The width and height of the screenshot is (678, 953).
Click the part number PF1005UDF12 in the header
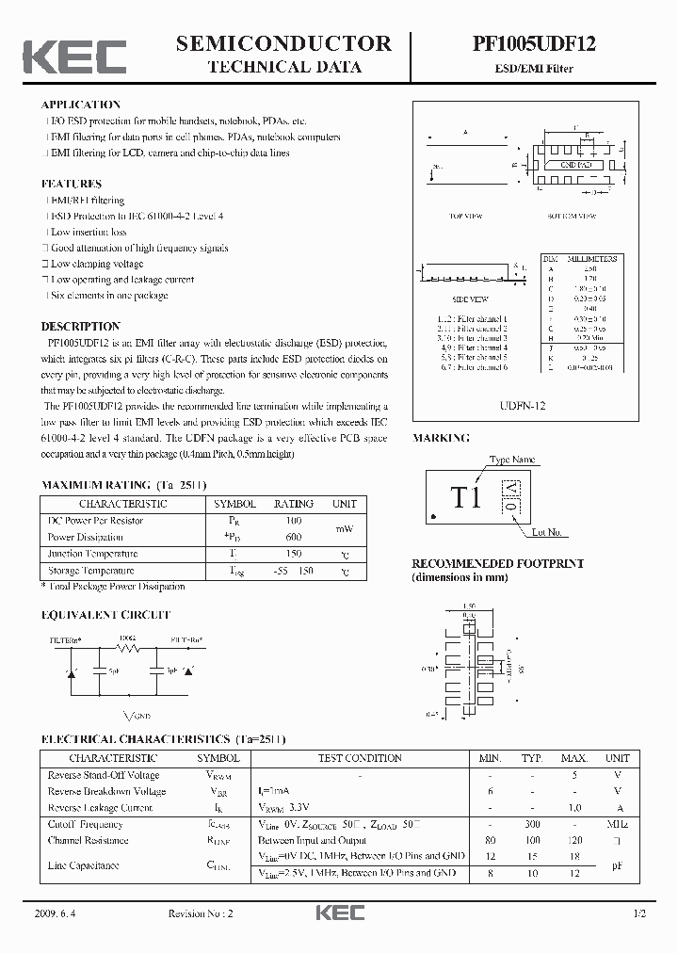534,43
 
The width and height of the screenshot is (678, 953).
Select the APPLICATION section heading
81,105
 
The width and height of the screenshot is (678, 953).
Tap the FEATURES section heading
72,184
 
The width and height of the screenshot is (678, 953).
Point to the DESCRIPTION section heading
80,327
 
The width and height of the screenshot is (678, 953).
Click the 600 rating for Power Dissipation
293,537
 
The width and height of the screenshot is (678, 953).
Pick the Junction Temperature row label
92,554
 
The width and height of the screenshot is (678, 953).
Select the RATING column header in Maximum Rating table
293,504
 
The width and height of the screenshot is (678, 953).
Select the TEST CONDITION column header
361,758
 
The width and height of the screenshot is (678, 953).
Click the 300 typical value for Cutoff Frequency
533,824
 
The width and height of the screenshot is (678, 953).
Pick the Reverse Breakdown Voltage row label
106,791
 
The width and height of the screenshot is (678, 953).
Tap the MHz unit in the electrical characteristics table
617,824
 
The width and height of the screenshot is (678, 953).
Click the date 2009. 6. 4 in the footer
59,914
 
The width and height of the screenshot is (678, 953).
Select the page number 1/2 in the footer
640,914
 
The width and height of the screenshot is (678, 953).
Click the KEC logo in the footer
339,913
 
